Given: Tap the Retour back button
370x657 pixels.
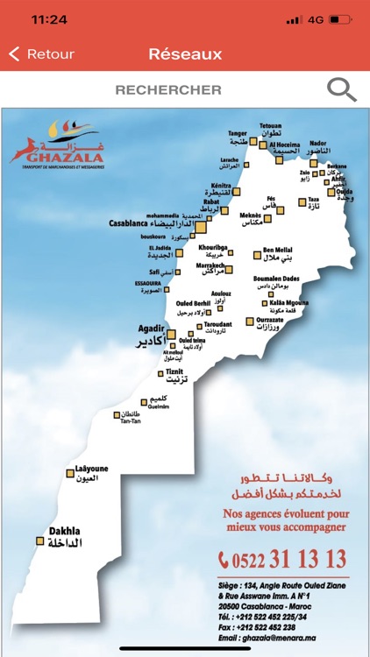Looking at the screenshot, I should (41, 54).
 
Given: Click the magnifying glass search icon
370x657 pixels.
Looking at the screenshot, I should (341, 89).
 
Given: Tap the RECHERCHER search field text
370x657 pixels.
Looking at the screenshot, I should (168, 89).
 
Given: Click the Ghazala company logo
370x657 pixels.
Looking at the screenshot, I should (54, 144).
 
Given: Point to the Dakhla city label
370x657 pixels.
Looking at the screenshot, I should (65, 531).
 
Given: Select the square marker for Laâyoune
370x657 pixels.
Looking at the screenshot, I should (70, 474).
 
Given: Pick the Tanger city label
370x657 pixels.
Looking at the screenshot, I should (238, 134).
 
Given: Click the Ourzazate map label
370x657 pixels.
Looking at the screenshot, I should (274, 321).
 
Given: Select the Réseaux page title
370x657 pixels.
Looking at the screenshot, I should (185, 54).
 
